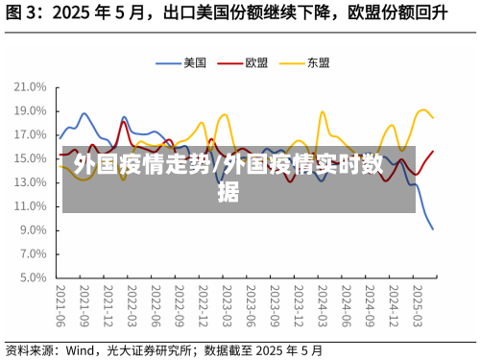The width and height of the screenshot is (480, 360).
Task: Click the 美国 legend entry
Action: tap(195, 62)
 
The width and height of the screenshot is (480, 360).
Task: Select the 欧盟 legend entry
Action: tap(256, 62)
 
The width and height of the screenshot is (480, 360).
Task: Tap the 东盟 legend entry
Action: tap(319, 62)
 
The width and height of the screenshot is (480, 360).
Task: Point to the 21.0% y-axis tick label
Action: tap(31, 86)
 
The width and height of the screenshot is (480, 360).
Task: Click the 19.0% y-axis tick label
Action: tap(31, 110)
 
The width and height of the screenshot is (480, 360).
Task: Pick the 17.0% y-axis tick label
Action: tap(31, 134)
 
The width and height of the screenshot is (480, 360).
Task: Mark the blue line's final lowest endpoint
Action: tap(433, 229)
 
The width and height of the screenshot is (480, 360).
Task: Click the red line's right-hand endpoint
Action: tap(433, 151)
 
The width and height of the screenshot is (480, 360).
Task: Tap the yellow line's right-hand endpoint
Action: tap(433, 118)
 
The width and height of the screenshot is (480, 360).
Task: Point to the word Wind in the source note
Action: tap(82, 349)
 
